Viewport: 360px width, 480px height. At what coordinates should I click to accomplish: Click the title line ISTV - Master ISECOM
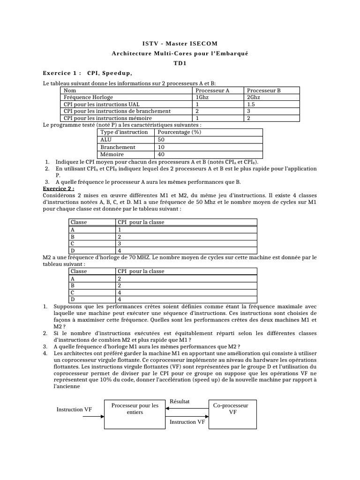click(x=180, y=44)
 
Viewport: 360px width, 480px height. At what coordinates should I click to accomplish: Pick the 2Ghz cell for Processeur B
click(x=253, y=97)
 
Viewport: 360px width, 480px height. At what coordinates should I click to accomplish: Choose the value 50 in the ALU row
click(x=161, y=140)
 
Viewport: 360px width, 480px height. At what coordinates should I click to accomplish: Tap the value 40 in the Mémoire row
click(x=161, y=154)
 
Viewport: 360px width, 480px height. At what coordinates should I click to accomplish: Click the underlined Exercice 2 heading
click(x=59, y=188)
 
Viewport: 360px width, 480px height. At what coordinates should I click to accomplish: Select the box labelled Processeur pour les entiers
click(x=135, y=409)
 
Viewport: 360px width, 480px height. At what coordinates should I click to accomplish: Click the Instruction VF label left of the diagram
click(x=75, y=409)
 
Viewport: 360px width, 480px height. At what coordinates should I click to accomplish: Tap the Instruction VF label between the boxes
click(x=187, y=422)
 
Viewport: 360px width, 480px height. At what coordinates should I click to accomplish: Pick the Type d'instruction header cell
click(x=124, y=132)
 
